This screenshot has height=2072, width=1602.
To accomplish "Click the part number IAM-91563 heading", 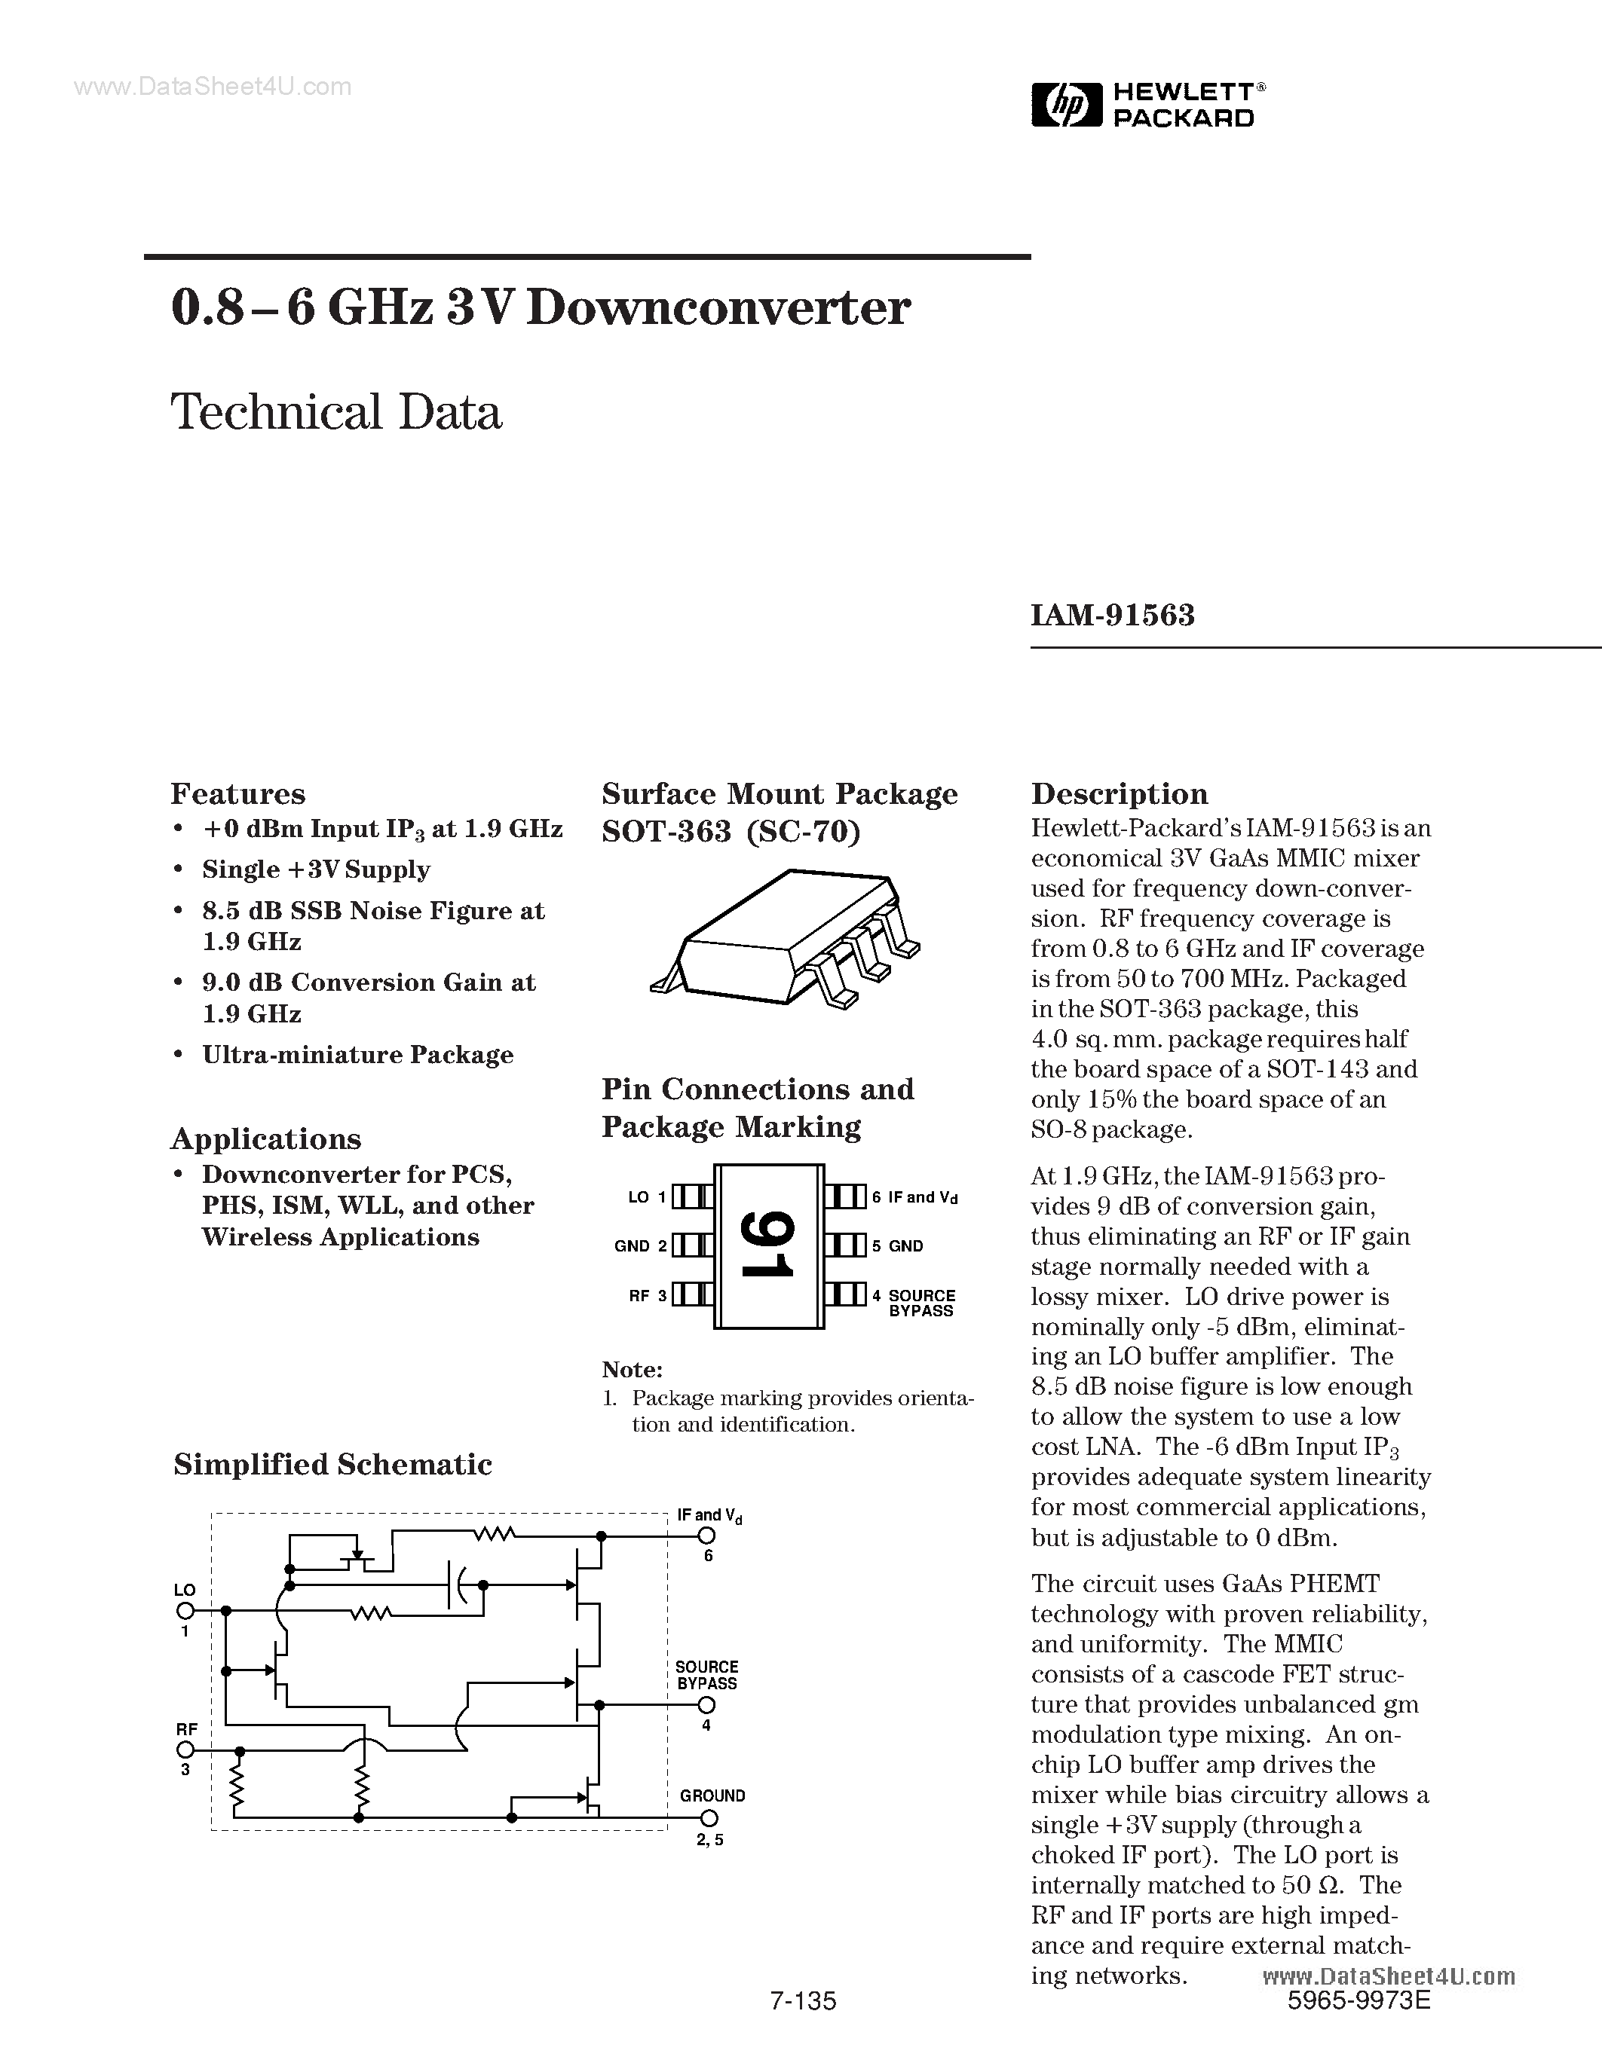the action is [x=1112, y=616].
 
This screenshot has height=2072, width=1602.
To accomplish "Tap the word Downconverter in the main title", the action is [x=718, y=308].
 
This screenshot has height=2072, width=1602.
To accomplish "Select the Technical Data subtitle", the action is [x=336, y=413].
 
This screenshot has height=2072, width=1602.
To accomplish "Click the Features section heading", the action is [x=237, y=793].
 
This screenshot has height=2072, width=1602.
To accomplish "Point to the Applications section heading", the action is [x=265, y=1138].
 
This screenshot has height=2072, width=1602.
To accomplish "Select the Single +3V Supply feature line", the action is [x=316, y=870].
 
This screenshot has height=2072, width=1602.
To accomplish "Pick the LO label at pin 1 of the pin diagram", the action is [x=638, y=1197].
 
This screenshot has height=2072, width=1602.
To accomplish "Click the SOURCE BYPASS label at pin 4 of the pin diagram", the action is [x=920, y=1303].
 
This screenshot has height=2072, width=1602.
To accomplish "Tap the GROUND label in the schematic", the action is [x=712, y=1796].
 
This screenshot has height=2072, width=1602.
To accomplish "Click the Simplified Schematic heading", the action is [x=332, y=1465].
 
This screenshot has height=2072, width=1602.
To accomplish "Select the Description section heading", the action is [x=1119, y=793].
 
